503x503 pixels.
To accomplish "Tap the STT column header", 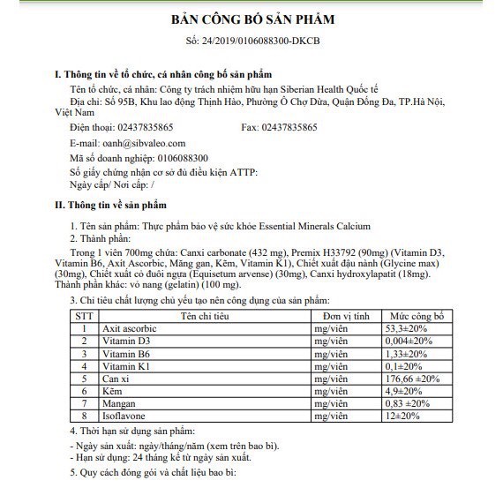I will tap(84, 315).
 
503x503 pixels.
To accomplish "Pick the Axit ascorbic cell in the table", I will tap(131, 327).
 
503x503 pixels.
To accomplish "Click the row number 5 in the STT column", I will tap(84, 378).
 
